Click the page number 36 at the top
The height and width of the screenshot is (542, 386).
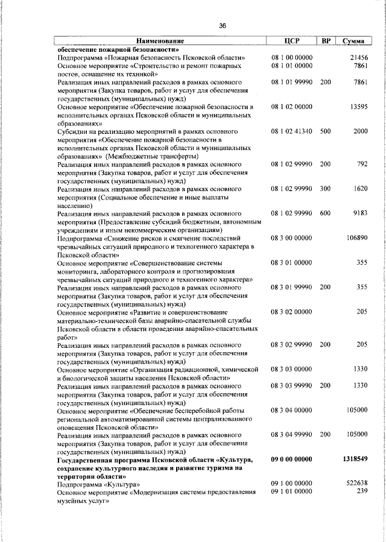[x=223, y=26]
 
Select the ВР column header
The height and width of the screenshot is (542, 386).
[x=326, y=41]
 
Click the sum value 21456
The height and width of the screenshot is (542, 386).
[x=358, y=58]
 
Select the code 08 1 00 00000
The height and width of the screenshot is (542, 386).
[x=292, y=58]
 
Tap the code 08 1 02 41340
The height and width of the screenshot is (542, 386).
[x=292, y=131]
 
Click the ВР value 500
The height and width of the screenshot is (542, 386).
[x=326, y=131]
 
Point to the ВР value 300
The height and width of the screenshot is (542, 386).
[x=326, y=189]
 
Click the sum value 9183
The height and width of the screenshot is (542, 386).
[x=359, y=213]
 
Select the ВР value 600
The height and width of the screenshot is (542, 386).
[x=326, y=213]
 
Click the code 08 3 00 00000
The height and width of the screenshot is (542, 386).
[x=292, y=238]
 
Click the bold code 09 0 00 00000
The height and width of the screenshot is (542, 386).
[x=292, y=459]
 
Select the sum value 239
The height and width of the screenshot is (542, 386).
[x=362, y=492]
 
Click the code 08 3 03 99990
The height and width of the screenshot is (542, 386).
[x=292, y=385]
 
